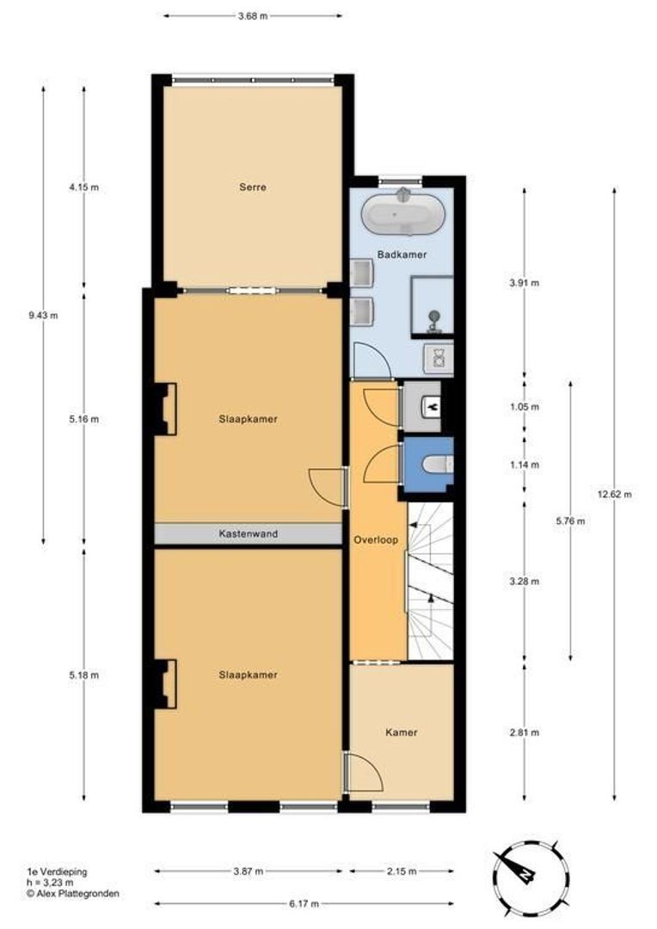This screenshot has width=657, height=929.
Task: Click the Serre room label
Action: (x=252, y=188)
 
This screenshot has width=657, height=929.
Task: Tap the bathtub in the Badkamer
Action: (x=403, y=214)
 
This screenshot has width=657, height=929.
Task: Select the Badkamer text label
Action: (x=402, y=255)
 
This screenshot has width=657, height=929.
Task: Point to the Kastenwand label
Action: (x=249, y=534)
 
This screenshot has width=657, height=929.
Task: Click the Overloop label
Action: (x=376, y=540)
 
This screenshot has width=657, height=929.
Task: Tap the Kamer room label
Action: (x=401, y=732)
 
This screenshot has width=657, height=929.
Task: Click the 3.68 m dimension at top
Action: (x=253, y=16)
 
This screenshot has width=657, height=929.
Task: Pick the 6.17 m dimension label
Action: (x=304, y=903)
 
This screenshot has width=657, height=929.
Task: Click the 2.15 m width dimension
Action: (x=402, y=871)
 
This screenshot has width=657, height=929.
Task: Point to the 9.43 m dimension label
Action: (x=43, y=315)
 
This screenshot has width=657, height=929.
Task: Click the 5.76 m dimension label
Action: (x=570, y=521)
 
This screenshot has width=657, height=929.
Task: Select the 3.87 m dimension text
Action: (x=249, y=871)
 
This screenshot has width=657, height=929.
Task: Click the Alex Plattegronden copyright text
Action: (x=73, y=894)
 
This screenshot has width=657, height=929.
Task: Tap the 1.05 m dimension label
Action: (x=525, y=407)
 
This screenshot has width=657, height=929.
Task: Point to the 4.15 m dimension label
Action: (x=83, y=188)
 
